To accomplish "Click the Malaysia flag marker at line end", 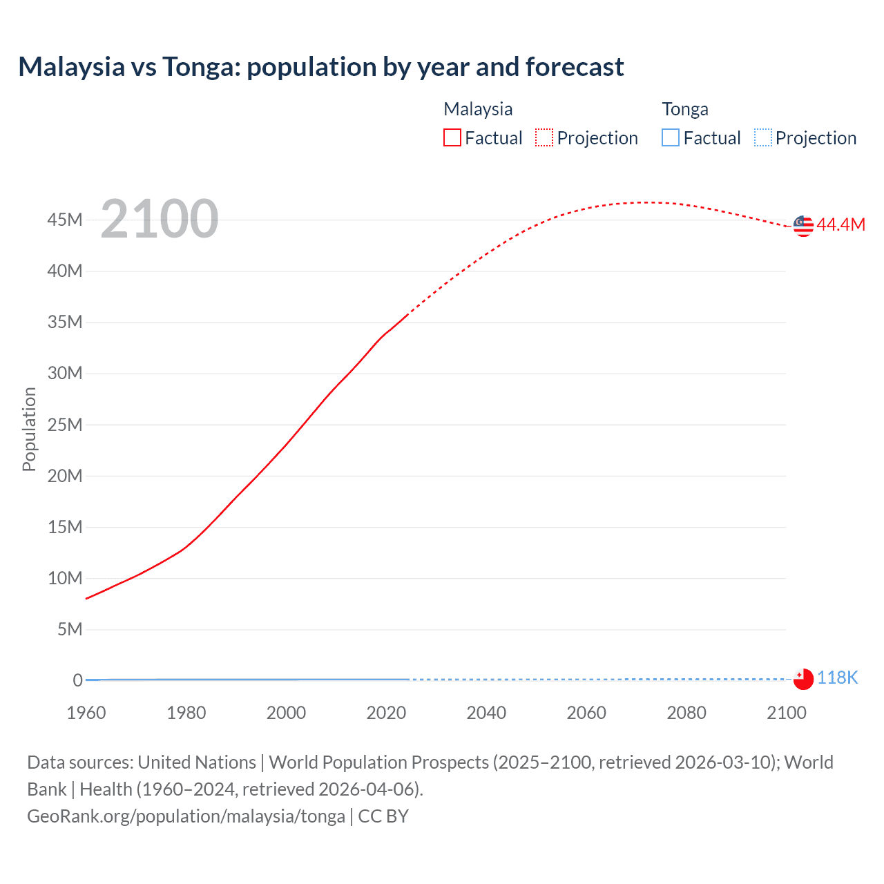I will [x=803, y=226].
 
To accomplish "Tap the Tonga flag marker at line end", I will [x=803, y=679].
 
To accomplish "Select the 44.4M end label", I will [x=840, y=224].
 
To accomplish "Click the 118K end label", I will [x=838, y=678].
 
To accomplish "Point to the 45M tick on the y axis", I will [x=65, y=220].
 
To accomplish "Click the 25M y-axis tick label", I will [x=65, y=425].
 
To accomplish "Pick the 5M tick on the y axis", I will [x=70, y=629].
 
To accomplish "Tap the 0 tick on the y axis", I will [x=77, y=680].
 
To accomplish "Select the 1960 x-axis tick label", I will [x=86, y=713].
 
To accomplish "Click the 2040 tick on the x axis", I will [x=486, y=713].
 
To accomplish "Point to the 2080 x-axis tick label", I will [x=686, y=713].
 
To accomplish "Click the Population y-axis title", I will [x=29, y=429].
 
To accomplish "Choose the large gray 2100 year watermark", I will [x=160, y=219].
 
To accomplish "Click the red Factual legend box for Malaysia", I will [x=452, y=137].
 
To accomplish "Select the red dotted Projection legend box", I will [x=544, y=137].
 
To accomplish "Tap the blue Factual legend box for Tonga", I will [x=671, y=137].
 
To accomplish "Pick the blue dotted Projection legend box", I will [x=762, y=137].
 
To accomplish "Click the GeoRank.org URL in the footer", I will [x=186, y=816].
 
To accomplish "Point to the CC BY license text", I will [x=383, y=816].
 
